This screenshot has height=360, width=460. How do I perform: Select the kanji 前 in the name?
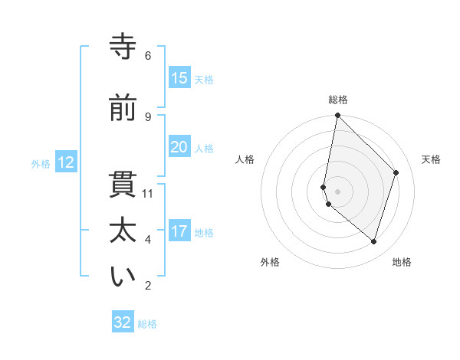[x=123, y=108]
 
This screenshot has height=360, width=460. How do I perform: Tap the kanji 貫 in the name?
[x=123, y=185]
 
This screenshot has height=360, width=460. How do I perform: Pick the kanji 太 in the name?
[x=123, y=231]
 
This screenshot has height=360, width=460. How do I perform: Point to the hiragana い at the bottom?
[x=123, y=277]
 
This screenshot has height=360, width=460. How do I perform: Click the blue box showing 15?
[x=179, y=78]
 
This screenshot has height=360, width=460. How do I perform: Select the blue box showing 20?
[x=179, y=147]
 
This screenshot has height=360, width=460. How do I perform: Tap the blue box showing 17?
[x=179, y=231]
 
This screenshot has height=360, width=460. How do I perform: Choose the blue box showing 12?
[x=65, y=162]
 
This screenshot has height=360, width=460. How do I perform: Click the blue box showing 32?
[x=123, y=322]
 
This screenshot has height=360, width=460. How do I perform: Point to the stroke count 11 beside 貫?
[x=148, y=194]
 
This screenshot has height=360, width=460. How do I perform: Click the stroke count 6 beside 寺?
[x=148, y=56]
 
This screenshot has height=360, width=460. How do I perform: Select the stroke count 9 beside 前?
[x=148, y=116]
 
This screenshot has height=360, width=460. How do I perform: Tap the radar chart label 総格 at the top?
[x=338, y=100]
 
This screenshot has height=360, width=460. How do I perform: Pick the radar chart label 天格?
[x=432, y=159]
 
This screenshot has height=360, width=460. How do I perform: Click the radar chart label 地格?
[x=402, y=262]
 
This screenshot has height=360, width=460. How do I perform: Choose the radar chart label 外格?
[x=270, y=262]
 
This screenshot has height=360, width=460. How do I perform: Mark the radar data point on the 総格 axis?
[x=337, y=116]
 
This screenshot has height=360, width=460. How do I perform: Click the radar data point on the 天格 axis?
[x=396, y=172]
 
